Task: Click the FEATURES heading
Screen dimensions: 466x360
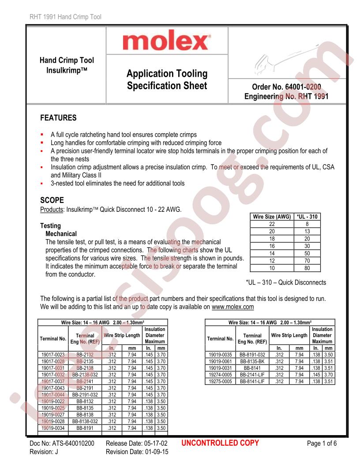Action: pyautogui.click(x=58, y=118)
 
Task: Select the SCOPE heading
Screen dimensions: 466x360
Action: pyautogui.click(x=52, y=200)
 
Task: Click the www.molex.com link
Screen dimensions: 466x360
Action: pyautogui.click(x=232, y=307)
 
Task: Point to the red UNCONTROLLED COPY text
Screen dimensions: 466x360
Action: pyautogui.click(x=220, y=443)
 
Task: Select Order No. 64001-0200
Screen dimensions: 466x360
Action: pyautogui.click(x=289, y=87)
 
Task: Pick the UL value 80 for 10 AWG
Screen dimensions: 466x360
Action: pyautogui.click(x=307, y=267)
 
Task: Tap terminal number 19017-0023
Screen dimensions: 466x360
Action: pyautogui.click(x=53, y=354)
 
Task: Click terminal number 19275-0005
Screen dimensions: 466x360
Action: pyautogui.click(x=219, y=381)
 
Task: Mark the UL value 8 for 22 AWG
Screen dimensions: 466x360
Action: pyautogui.click(x=307, y=224)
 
